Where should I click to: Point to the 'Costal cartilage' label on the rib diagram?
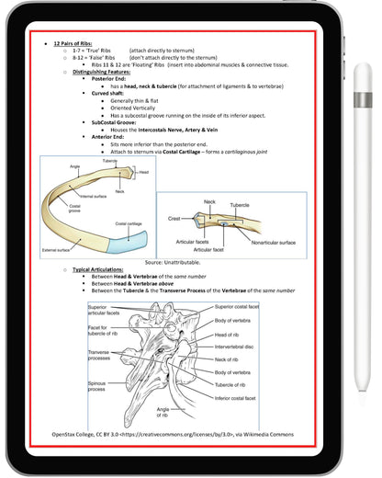(128, 223)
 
